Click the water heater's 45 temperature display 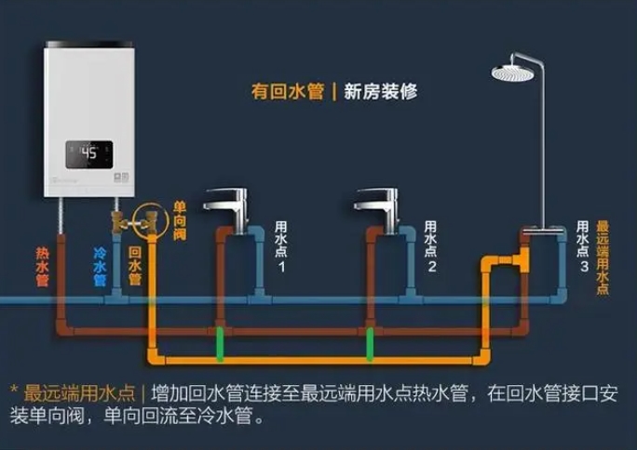tap(89, 152)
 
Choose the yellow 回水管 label tap(134, 266)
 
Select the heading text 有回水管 tap(286, 92)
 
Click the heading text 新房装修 tap(380, 92)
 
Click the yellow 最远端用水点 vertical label tap(603, 258)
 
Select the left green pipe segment tap(221, 343)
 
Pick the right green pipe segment tap(371, 343)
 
